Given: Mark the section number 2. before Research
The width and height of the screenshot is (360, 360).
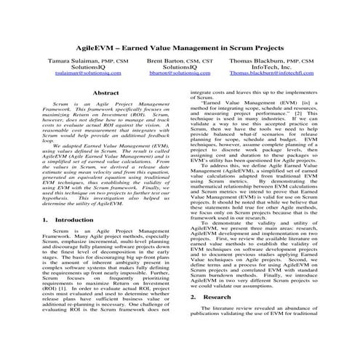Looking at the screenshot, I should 193,319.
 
